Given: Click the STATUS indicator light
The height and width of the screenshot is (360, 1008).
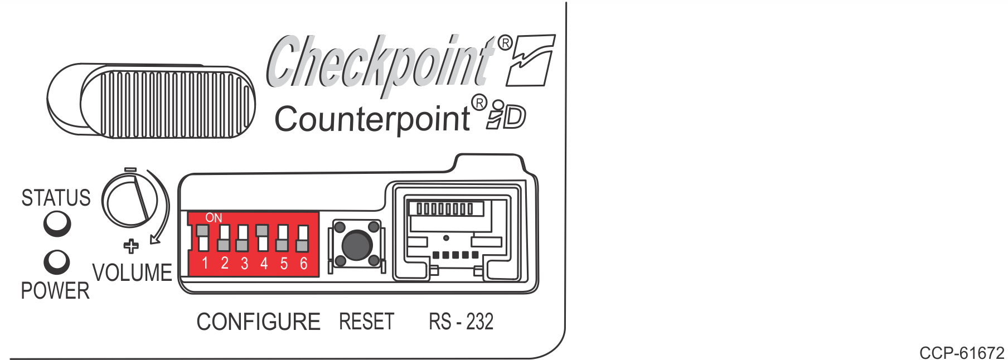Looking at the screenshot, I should pos(57,225).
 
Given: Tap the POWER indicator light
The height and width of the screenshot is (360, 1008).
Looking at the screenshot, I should pos(57,262).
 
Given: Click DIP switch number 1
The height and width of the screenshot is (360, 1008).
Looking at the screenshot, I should pos(203,238).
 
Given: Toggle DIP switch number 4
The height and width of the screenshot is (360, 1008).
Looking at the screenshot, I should pos(263,238).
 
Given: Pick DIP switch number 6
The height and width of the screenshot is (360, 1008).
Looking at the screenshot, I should pos(303,238).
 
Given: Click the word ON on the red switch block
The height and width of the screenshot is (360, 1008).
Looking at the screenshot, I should pos(214,218).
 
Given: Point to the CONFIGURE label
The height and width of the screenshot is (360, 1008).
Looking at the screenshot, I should pos(258,322).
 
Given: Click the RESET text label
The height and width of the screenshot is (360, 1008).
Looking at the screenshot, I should pos(366,322).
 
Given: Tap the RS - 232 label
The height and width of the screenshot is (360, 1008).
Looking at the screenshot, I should pos(461,322).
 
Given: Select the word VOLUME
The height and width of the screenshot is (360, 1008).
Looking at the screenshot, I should pos(132,273).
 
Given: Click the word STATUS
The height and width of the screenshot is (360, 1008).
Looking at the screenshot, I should pos(56,198).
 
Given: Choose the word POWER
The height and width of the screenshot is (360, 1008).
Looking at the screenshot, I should pos(55,291).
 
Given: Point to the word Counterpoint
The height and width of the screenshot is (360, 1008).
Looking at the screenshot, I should pos(372,119).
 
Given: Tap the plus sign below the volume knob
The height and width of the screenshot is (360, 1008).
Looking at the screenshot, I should pos(131,246).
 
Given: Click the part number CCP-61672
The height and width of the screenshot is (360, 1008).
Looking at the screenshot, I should pos(961,353).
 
